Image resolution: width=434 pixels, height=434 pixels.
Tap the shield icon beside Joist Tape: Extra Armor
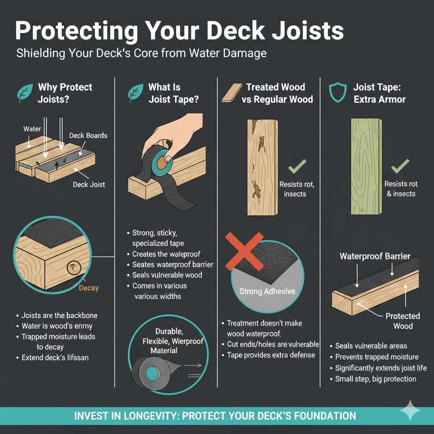pyautogui.click(x=338, y=93)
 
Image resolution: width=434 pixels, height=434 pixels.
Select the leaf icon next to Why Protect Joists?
pyautogui.click(x=25, y=93)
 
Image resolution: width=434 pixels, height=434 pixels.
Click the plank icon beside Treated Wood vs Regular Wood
pyautogui.click(x=231, y=93)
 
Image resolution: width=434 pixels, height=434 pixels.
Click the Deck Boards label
pyautogui.click(x=88, y=136)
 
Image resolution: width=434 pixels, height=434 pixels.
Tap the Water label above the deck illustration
pyautogui.click(x=32, y=129)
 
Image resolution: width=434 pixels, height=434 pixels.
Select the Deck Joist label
pyautogui.click(x=89, y=184)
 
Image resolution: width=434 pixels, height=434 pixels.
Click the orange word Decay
pyautogui.click(x=89, y=288)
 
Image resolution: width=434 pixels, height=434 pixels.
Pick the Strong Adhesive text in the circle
pyautogui.click(x=267, y=291)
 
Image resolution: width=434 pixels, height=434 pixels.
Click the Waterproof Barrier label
pyautogui.click(x=375, y=256)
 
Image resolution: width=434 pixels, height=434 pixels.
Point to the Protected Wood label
pyautogui.click(x=403, y=321)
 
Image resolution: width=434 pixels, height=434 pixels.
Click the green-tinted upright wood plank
pyautogui.click(x=366, y=166)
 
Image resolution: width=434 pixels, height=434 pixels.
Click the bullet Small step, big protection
pyautogui.click(x=376, y=379)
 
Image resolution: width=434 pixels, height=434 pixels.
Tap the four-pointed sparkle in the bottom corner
pyautogui.click(x=410, y=411)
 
